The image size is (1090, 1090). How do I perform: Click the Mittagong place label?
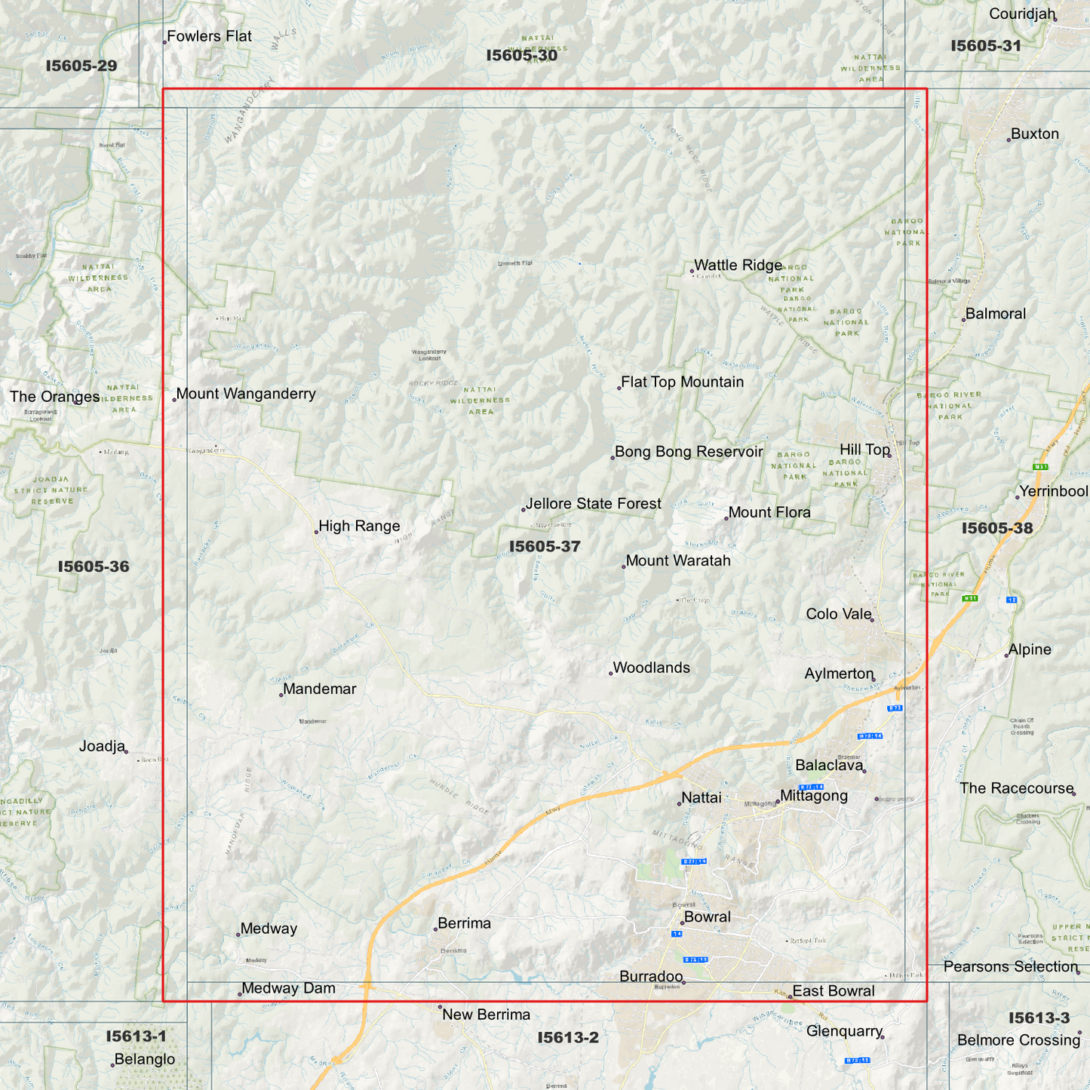(x=814, y=796)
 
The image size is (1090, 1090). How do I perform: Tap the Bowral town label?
(x=707, y=917)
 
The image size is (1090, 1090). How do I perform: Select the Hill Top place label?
(x=864, y=450)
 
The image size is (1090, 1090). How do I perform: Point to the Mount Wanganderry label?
(x=246, y=394)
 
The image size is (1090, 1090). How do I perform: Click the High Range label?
(x=359, y=527)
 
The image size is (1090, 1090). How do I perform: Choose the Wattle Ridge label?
(x=738, y=266)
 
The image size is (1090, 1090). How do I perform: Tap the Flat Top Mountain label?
(x=682, y=382)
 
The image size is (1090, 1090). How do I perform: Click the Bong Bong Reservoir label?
(x=689, y=452)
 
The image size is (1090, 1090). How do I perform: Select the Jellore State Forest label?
(x=594, y=504)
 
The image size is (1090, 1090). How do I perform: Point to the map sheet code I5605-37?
(x=545, y=547)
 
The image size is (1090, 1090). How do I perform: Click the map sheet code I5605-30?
(x=522, y=56)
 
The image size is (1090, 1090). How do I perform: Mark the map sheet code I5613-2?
(x=568, y=1038)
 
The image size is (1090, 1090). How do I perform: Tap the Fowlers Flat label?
(x=209, y=36)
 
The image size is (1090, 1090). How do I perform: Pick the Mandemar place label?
(x=320, y=689)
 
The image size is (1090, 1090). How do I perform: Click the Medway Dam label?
(x=288, y=988)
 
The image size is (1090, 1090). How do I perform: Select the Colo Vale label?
(x=838, y=614)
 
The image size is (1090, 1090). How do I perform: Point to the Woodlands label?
(x=651, y=668)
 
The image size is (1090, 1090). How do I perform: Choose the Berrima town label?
(x=464, y=923)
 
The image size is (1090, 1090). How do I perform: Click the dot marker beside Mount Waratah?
(x=624, y=566)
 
